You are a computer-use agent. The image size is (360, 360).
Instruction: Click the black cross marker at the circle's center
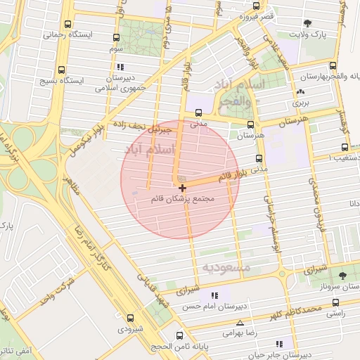(183, 188)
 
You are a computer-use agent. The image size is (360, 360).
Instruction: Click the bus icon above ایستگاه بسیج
(62, 70)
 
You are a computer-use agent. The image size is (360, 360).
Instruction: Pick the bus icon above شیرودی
(130, 319)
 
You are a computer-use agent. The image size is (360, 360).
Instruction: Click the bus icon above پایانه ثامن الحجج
(180, 336)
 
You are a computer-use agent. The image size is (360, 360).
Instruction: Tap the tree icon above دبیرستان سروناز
(342, 276)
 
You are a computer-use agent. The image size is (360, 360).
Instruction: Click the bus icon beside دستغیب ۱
(345, 148)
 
